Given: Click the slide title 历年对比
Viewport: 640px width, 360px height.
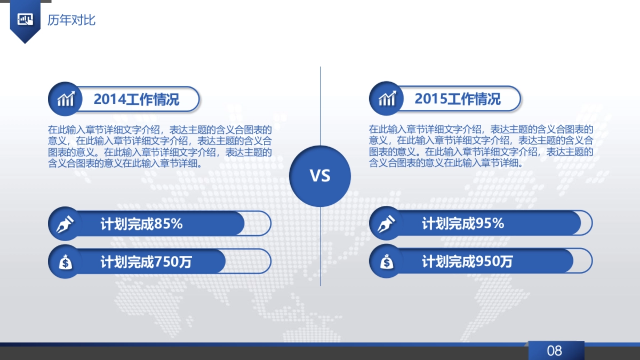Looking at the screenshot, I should tap(71, 21).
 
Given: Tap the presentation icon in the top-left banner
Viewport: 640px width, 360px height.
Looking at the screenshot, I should tap(25, 20).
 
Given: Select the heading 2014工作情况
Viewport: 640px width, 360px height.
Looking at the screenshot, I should tap(137, 99).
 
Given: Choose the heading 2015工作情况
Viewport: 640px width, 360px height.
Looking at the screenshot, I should tap(458, 99).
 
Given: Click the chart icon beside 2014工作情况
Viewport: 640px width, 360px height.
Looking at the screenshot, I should tap(65, 99).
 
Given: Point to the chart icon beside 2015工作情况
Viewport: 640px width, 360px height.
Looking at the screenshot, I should tap(386, 99).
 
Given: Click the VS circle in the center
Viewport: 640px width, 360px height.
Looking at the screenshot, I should tap(320, 176).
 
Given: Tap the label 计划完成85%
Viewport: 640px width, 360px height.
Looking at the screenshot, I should tap(142, 223).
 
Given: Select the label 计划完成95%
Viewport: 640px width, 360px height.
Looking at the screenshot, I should tap(463, 223).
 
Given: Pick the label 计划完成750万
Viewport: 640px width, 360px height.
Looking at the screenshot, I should tap(146, 262).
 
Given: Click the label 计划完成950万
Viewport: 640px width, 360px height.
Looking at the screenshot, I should tap(467, 262).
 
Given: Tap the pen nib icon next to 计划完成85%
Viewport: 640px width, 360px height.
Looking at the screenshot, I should tap(64, 223).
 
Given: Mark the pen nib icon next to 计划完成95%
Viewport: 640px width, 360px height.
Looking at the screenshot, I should tap(386, 223).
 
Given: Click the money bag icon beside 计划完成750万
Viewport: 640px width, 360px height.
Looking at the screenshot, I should tap(65, 262).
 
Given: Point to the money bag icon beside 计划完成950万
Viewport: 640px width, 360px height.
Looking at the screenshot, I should tap(386, 262).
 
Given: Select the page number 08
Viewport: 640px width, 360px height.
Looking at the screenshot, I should tap(555, 350).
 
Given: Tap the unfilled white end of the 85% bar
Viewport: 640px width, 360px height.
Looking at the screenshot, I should tap(257, 223).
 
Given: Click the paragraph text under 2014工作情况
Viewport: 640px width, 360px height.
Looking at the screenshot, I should tap(160, 147).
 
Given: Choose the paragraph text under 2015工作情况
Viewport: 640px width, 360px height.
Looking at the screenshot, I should tap(481, 147).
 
